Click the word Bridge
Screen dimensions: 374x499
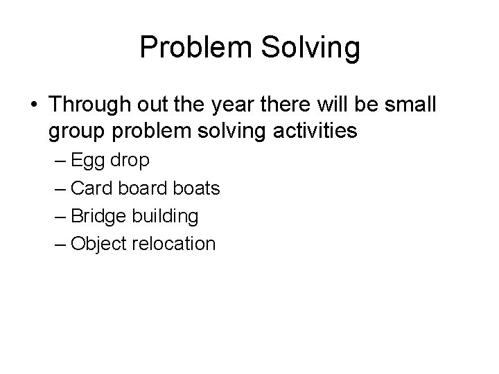click(97, 216)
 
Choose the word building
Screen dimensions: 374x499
click(164, 216)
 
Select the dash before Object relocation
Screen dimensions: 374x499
click(59, 244)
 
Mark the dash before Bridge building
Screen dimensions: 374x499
click(59, 217)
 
